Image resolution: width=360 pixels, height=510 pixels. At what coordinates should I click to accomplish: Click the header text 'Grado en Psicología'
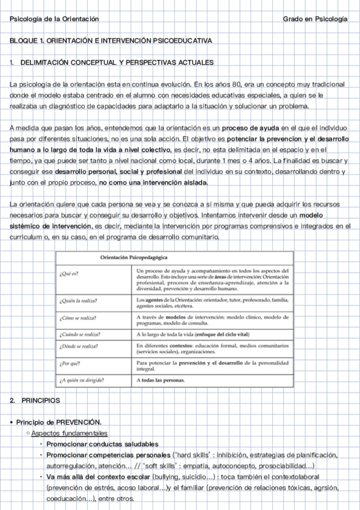pos(315,20)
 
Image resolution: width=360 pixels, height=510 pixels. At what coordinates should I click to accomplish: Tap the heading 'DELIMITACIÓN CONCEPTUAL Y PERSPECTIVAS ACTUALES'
pos(117,63)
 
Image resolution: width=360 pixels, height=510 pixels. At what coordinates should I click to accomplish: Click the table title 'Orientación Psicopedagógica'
pos(124,257)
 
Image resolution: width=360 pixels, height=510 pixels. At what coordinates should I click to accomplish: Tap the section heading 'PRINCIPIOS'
pos(41,401)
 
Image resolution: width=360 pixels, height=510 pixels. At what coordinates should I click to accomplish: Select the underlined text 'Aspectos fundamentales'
pos(69,433)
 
